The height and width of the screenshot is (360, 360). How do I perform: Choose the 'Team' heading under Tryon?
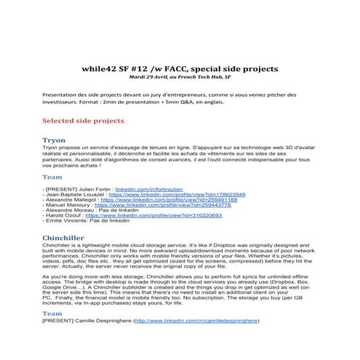coord(52,177)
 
